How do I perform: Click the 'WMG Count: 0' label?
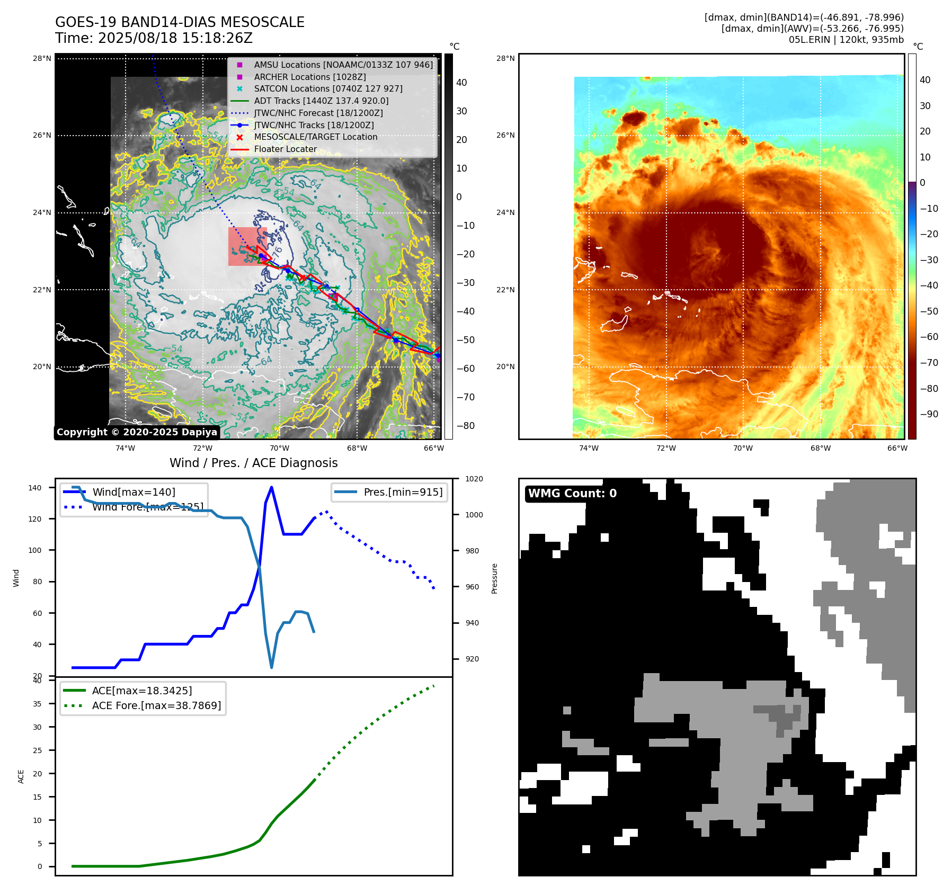(572, 494)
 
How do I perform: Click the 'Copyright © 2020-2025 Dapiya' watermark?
(137, 432)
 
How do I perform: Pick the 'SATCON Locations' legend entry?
(328, 89)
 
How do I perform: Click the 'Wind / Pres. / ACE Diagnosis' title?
(253, 463)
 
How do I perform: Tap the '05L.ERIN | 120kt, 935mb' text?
(846, 40)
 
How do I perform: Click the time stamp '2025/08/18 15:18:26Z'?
(175, 38)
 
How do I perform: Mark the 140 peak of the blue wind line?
(272, 487)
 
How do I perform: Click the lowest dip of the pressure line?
(272, 667)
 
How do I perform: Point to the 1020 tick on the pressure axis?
(474, 479)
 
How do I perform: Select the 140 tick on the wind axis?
(35, 488)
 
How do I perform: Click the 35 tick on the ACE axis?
(37, 704)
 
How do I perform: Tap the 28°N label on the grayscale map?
(42, 58)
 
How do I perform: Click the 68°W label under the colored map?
(820, 448)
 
